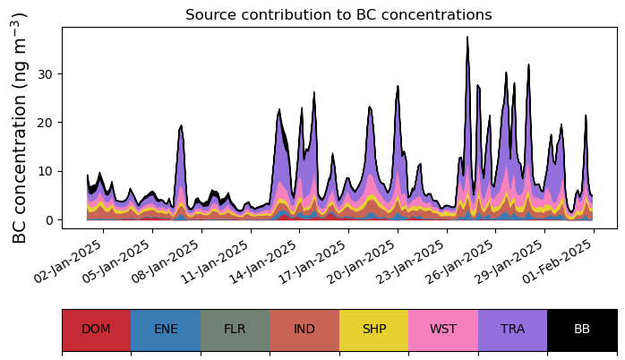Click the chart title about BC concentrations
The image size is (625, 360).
click(x=338, y=15)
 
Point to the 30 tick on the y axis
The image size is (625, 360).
click(x=47, y=73)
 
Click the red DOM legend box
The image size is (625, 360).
click(x=96, y=330)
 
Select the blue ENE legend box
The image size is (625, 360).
click(x=166, y=330)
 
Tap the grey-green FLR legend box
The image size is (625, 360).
click(x=235, y=330)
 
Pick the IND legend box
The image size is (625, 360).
click(x=304, y=330)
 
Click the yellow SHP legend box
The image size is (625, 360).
click(x=373, y=330)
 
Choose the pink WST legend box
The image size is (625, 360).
click(x=443, y=330)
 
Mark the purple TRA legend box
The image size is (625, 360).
click(x=512, y=330)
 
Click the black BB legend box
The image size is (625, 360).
click(x=582, y=330)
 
